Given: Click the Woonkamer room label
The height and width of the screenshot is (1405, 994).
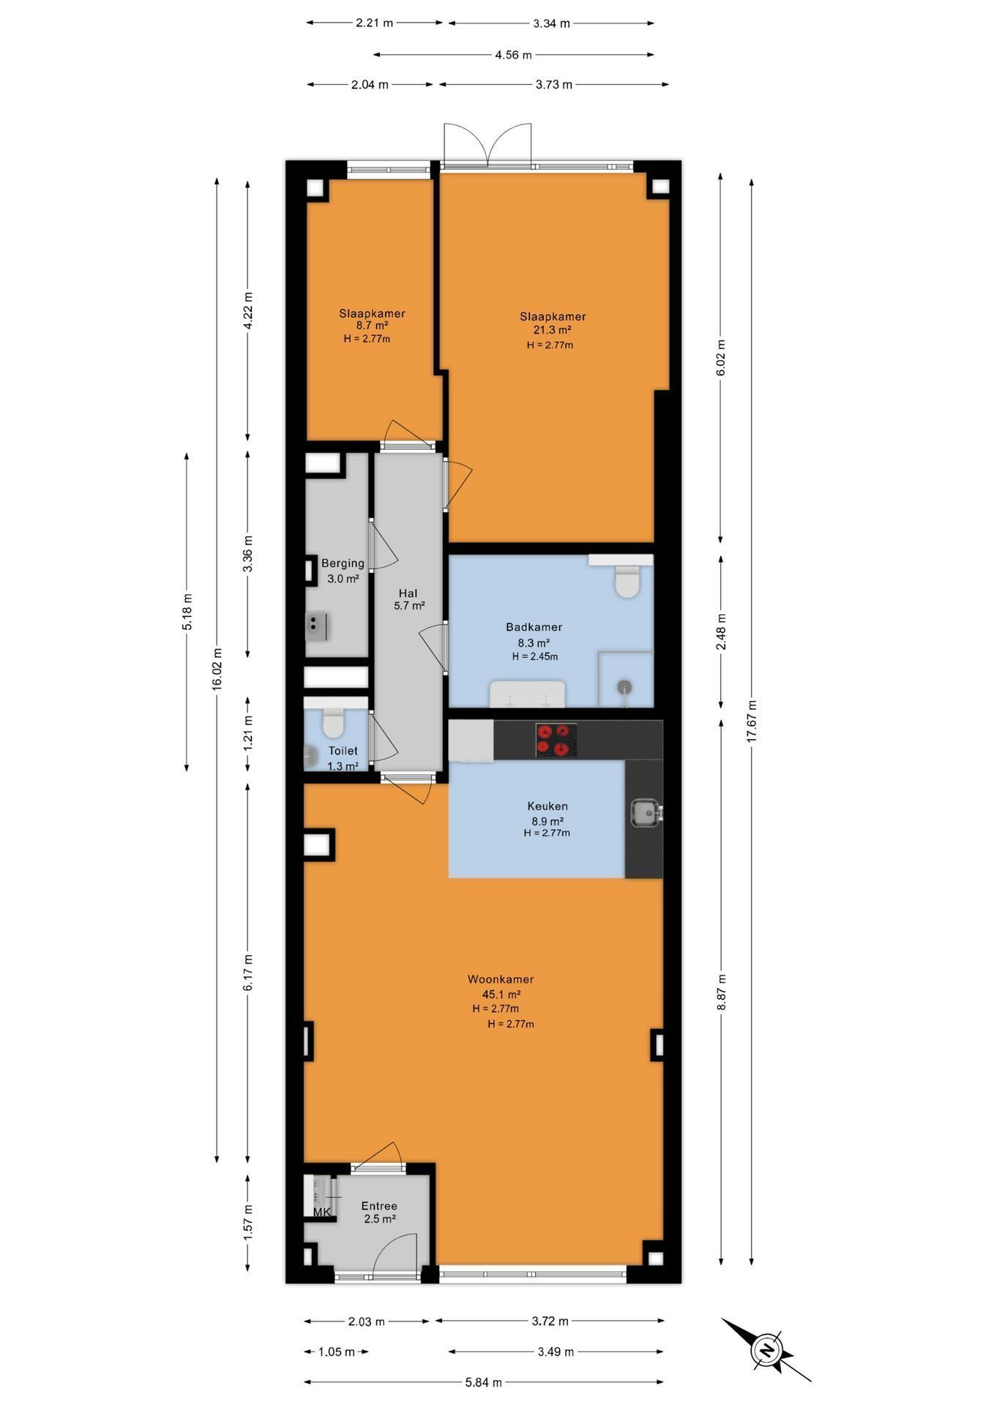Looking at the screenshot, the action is (x=501, y=979).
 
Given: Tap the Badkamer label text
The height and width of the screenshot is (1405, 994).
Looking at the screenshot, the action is (x=534, y=627).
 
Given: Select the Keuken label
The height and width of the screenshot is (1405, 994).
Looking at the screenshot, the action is (x=548, y=806).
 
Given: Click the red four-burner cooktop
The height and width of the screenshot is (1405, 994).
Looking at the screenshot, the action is (x=556, y=740).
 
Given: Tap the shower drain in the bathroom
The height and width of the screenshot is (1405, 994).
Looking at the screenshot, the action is (x=624, y=687).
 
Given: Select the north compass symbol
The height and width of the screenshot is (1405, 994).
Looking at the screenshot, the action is (x=766, y=1350).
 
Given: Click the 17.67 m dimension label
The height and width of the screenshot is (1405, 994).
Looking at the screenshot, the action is (x=751, y=722).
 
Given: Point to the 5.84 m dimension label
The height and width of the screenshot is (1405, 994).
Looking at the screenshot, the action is (x=484, y=1382).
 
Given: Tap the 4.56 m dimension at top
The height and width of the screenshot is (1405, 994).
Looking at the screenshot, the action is (x=513, y=54).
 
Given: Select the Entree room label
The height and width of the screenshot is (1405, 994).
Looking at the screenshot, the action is (x=379, y=1206).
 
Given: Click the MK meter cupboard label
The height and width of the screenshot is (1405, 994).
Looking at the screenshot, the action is (x=322, y=1213).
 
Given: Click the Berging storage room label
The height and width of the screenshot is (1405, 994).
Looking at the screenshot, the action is (x=343, y=563).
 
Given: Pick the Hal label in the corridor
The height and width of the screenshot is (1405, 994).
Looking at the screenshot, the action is (x=408, y=593).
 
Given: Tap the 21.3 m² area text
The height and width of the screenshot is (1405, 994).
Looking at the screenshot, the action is (x=553, y=330).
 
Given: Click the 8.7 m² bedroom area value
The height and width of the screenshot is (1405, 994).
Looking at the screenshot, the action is (x=372, y=326).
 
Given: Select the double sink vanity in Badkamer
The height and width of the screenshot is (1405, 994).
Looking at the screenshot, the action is (x=527, y=694).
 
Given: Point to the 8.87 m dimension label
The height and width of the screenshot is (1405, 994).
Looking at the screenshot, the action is (x=721, y=992).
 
